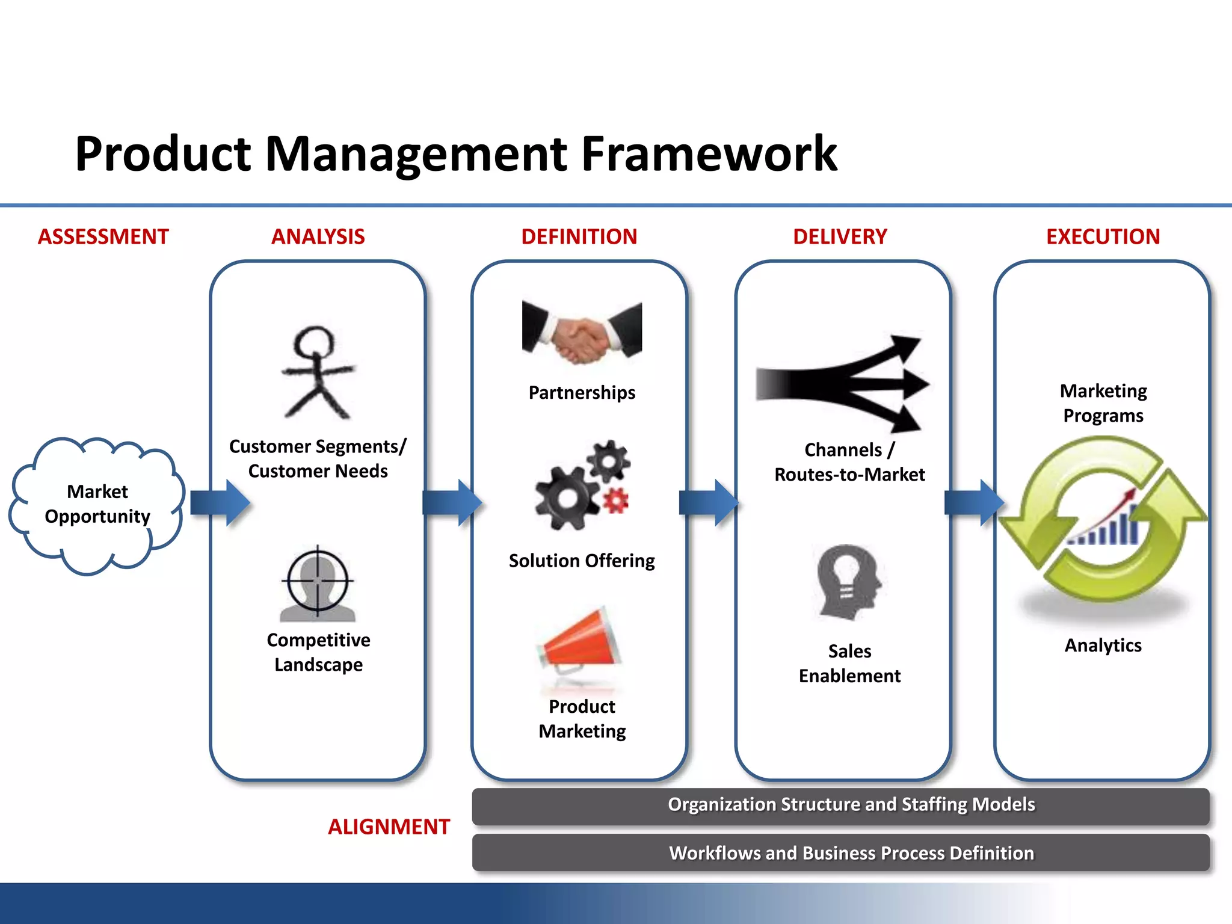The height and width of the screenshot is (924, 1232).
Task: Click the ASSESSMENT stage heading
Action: point(103,236)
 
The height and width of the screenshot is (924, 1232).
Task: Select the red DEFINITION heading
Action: point(579,236)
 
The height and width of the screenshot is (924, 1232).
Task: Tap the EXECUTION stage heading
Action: point(1103,236)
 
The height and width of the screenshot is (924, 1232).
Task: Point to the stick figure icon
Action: point(318,373)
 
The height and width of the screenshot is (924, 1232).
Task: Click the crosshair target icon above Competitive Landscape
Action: point(318,582)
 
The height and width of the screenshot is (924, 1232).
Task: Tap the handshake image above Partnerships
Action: point(582,333)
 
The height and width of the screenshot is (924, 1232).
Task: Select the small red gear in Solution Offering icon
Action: point(615,500)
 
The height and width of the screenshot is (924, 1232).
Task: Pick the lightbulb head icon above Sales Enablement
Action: point(848,581)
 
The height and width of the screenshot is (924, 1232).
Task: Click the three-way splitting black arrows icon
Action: point(842,384)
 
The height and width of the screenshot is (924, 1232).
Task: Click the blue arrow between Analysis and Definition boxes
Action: point(451,502)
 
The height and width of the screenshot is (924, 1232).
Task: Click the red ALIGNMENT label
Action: point(389,827)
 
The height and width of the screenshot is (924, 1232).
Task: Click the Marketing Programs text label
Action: point(1103,403)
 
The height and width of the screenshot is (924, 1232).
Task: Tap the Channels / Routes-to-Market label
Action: point(849,462)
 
